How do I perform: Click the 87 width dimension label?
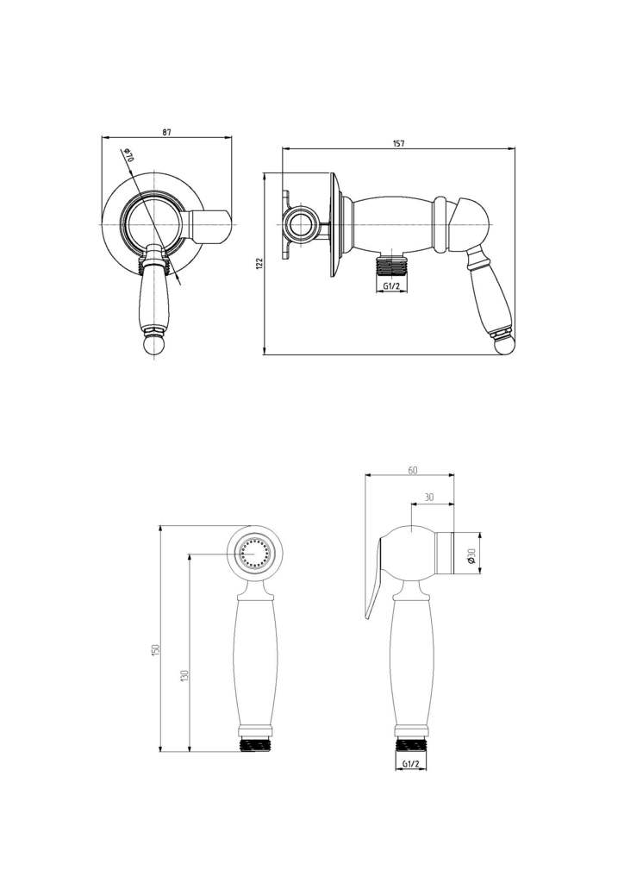tap(166, 132)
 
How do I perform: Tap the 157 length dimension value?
tap(398, 144)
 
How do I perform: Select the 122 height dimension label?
tap(259, 264)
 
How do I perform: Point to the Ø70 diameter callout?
tap(128, 155)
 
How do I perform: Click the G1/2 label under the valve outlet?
tap(391, 286)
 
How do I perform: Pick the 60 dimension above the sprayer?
tap(413, 471)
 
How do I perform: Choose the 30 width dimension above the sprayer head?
tap(429, 498)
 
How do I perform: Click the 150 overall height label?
tap(157, 649)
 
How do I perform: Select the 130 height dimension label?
tap(184, 675)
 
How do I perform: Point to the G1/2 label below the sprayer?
tap(411, 764)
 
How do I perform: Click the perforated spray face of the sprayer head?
tap(254, 554)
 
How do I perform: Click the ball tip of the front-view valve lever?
tap(153, 346)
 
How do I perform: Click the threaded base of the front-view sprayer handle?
tap(255, 744)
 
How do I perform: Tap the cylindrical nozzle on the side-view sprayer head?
tap(445, 553)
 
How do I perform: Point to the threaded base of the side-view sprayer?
tap(411, 744)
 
